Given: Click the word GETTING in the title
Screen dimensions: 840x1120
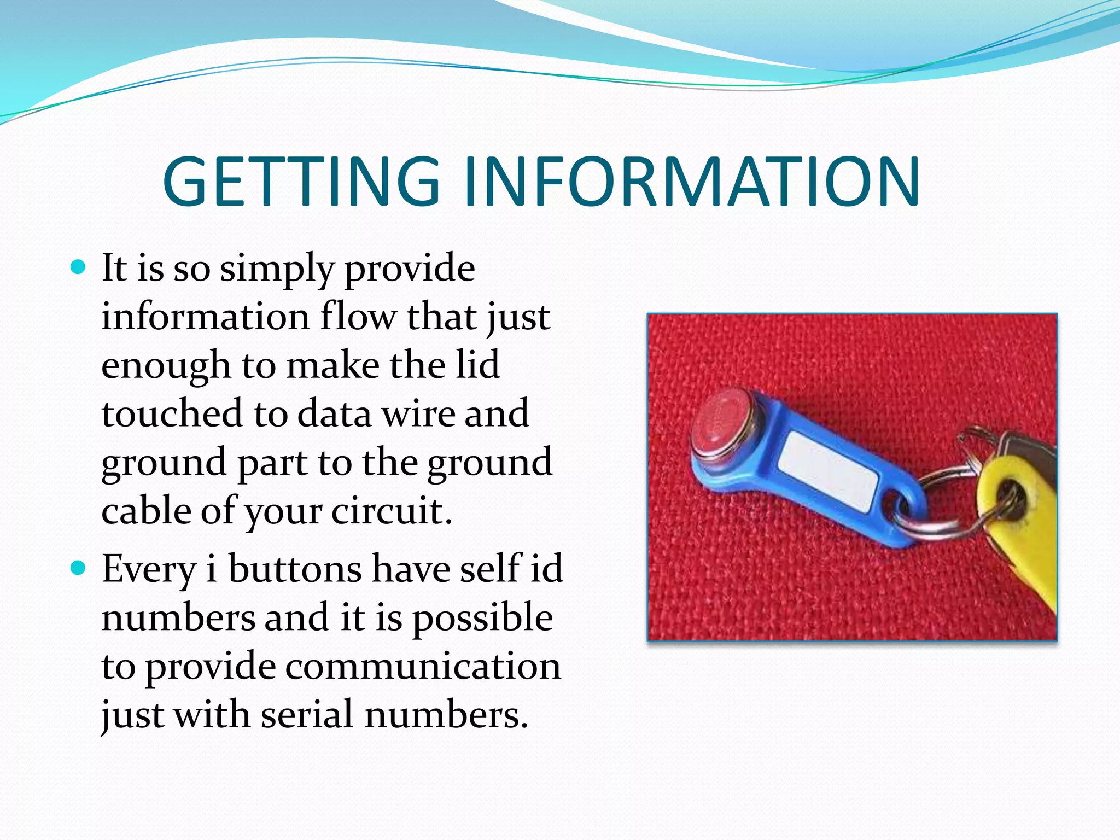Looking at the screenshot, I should pos(301,182).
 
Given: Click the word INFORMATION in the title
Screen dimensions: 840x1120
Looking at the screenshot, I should pos(692,182).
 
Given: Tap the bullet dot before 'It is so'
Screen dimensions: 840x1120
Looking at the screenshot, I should pos(79,267).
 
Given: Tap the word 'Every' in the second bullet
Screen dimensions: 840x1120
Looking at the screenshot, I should pos(149,570).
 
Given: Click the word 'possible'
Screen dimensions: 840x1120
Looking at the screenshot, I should pos(482,618).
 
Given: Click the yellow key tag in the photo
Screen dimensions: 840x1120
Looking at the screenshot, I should pos(1017,525).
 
